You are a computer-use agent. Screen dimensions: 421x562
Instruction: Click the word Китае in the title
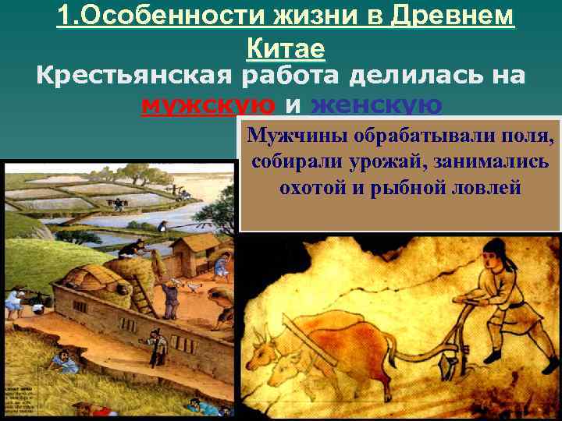[x=286, y=48]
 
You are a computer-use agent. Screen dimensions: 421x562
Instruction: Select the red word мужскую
[x=208, y=104]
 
